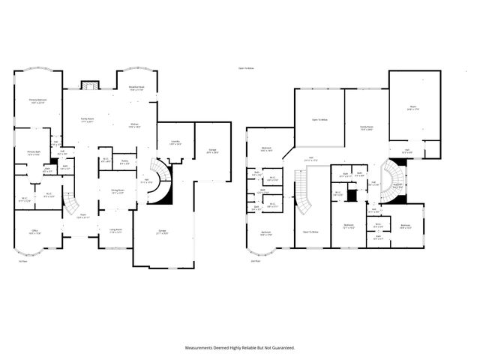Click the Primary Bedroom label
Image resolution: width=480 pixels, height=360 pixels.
click(38, 100)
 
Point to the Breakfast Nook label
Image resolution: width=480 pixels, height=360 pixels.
click(136, 88)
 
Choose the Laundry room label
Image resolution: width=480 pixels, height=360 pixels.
click(175, 142)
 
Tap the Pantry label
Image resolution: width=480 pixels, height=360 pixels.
click(124, 161)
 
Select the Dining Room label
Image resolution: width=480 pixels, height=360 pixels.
click(115, 192)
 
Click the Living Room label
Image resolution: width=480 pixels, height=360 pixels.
click(115, 231)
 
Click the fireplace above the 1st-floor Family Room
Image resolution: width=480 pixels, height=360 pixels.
click(90, 85)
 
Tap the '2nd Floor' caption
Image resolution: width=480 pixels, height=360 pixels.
click(256, 261)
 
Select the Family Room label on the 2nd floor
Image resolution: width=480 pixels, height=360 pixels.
click(366, 128)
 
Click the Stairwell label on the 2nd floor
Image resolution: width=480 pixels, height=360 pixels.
click(399, 185)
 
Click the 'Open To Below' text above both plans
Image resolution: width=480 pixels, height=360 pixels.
click(246, 68)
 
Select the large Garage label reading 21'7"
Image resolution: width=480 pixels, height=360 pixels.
click(162, 232)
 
